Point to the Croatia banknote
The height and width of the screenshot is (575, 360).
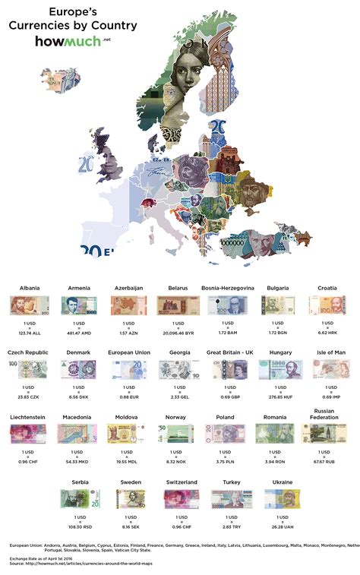[x=325, y=305]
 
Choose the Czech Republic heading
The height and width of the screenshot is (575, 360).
[x=27, y=353]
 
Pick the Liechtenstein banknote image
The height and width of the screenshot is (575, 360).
[x=27, y=434]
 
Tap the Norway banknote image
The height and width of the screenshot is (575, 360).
[x=175, y=434]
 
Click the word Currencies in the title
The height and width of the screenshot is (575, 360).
[x=42, y=25]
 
